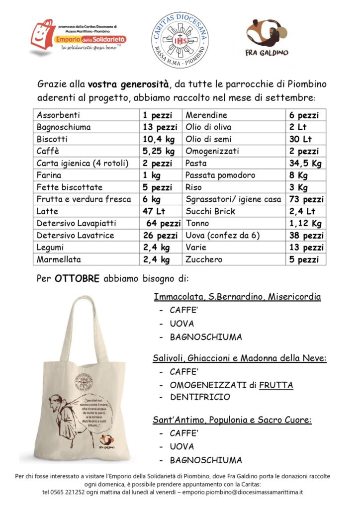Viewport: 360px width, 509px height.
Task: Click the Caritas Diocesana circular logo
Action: point(180,40)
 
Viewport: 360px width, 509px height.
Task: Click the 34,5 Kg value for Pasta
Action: point(304,163)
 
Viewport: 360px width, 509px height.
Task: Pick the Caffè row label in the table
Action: point(48,151)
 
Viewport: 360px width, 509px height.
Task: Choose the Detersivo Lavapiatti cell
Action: point(75,223)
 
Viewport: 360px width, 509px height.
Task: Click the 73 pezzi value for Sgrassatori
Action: point(306,199)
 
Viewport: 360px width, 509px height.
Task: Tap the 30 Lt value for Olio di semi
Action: point(300,139)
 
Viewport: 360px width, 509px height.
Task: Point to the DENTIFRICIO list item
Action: point(200,397)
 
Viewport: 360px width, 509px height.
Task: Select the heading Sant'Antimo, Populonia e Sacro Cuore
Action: point(232,421)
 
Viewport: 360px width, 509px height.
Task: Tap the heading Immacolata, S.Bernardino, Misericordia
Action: point(237,297)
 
